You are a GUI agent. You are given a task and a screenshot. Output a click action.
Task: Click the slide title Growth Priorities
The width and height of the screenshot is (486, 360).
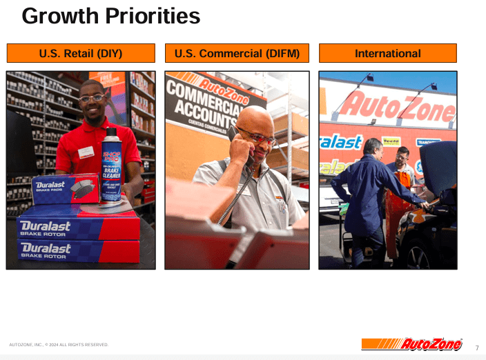click(110, 15)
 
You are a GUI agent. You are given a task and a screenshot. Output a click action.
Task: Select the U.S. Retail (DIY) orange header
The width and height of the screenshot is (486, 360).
click(81, 53)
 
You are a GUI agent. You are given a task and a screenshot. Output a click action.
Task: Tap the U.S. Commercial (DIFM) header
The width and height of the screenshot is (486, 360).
click(237, 53)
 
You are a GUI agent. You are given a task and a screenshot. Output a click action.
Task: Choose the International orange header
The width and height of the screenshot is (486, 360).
click(387, 53)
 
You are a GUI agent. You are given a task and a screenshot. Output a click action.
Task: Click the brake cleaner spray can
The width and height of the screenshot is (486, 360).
click(110, 166)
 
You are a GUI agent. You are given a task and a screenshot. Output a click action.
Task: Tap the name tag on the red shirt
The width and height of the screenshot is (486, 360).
click(86, 152)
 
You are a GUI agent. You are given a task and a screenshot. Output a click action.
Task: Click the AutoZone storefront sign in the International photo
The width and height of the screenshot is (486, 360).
click(397, 107)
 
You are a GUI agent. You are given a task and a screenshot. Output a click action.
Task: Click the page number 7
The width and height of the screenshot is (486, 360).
click(476, 348)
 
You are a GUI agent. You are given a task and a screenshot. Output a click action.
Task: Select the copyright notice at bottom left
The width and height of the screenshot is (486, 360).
click(59, 344)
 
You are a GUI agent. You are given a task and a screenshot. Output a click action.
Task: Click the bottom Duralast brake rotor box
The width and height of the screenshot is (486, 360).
click(76, 251)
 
